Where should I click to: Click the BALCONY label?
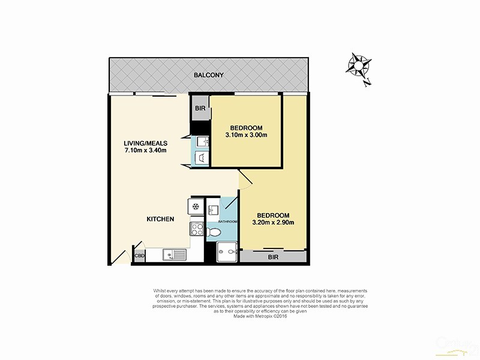[x=209, y=75]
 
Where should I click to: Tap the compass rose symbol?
[x=359, y=64]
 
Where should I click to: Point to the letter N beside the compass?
[x=367, y=84]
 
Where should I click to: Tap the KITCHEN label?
[x=160, y=219]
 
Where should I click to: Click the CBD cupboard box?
[x=139, y=256]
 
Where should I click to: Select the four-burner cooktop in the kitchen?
[x=197, y=229]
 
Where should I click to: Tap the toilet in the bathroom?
[x=213, y=232]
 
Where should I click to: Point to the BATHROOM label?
[x=227, y=222]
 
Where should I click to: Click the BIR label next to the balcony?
[x=200, y=109]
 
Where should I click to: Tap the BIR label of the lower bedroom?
[x=273, y=256]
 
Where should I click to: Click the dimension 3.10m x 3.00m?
[x=246, y=135]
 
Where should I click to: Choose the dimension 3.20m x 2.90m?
[x=273, y=223]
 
